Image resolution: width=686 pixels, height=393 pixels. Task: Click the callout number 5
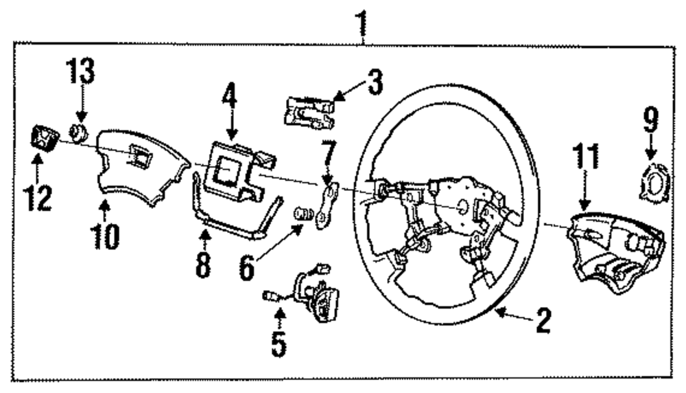coord(278,344)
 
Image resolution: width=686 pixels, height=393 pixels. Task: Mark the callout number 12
coord(37,197)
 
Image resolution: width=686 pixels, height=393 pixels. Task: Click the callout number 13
coord(81,71)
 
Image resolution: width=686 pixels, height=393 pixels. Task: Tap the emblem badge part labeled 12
coord(40,137)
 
